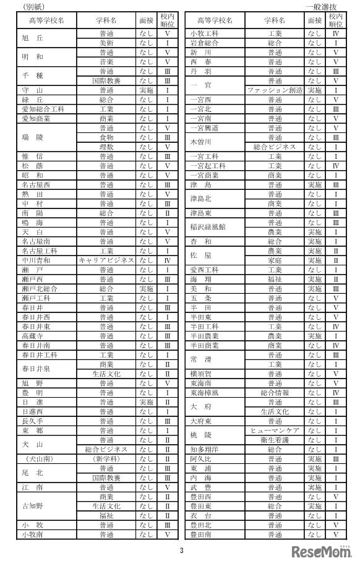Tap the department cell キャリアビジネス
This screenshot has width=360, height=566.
pyautogui.click(x=106, y=260)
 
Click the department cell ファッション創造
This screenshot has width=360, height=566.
pyautogui.click(x=275, y=90)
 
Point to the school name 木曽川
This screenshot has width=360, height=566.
pyautogui.click(x=204, y=142)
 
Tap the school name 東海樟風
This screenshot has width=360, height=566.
pyautogui.click(x=204, y=392)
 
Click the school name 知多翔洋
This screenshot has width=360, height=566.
pyautogui.click(x=204, y=449)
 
